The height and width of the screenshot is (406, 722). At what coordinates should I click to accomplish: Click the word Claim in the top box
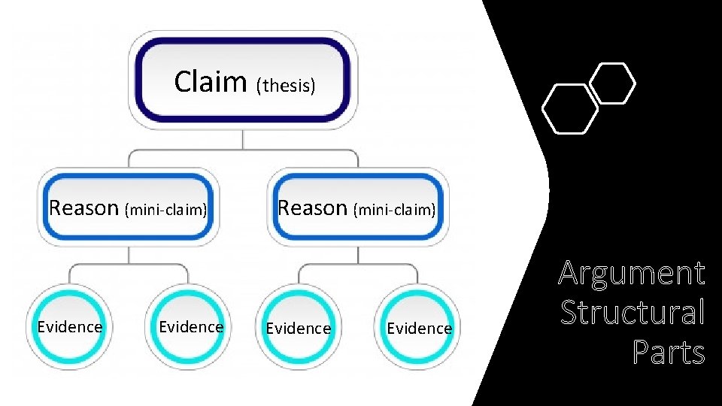click(210, 81)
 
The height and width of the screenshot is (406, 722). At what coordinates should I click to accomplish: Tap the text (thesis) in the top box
click(285, 86)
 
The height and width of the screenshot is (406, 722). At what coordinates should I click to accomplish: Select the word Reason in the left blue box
click(83, 208)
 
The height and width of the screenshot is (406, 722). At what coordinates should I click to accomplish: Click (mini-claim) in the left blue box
click(166, 210)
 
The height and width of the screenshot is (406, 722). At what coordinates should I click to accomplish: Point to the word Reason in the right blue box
click(313, 208)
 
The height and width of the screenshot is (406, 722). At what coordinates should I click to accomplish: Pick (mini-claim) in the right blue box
click(396, 210)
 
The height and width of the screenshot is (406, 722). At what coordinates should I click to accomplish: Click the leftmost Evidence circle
click(70, 327)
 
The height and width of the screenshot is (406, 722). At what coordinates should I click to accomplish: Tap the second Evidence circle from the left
click(191, 327)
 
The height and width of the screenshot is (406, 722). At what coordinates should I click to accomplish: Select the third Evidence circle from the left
click(299, 329)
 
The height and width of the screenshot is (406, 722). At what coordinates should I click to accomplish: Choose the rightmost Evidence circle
click(419, 329)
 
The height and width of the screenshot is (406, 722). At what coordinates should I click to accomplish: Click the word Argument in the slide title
click(632, 274)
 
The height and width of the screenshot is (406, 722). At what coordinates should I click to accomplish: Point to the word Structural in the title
click(633, 313)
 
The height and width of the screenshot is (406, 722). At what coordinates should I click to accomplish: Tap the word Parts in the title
click(669, 352)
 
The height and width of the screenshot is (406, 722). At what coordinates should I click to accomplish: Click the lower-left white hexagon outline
click(570, 110)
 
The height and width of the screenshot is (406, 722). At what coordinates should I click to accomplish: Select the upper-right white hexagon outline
click(612, 83)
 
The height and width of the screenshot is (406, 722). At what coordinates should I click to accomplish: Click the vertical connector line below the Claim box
click(243, 140)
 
